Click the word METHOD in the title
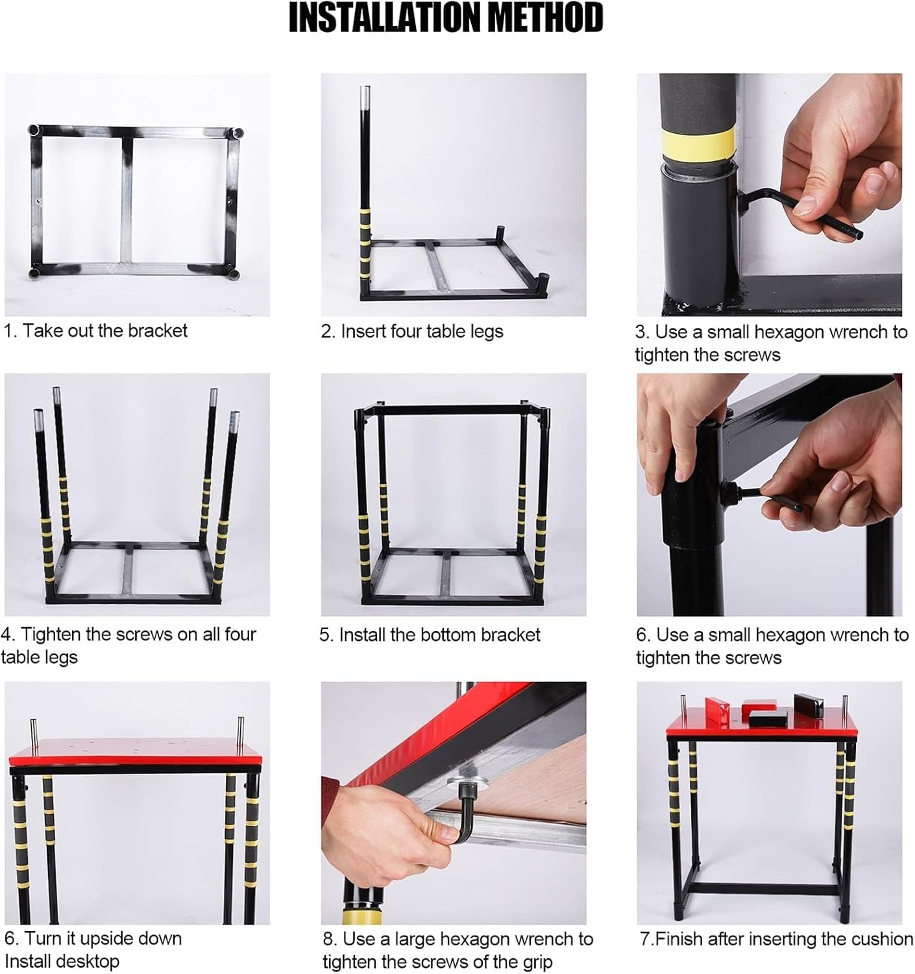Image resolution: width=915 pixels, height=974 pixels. [546, 18]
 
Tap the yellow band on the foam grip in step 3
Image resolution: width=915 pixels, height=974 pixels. [698, 139]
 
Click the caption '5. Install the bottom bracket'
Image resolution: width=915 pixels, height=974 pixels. [430, 634]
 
